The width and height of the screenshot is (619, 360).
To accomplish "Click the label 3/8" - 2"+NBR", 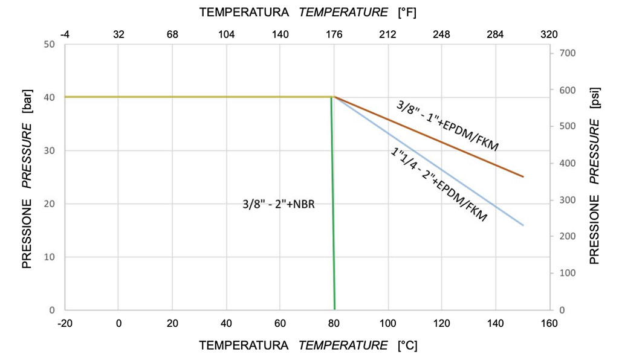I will pos(279,205).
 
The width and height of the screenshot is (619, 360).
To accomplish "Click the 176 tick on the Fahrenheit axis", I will pos(334,34).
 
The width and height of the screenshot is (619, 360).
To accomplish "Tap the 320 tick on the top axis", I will pos(549,34).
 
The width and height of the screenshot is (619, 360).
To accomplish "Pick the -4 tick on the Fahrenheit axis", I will pos(65,34).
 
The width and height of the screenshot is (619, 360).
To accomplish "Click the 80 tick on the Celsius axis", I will pos(334,323).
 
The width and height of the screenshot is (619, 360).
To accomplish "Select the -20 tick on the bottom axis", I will pos(65,323).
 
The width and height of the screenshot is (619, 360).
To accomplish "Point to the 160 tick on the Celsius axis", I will pos(549,323).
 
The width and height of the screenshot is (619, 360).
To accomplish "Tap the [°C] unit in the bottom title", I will pos(407,346).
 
